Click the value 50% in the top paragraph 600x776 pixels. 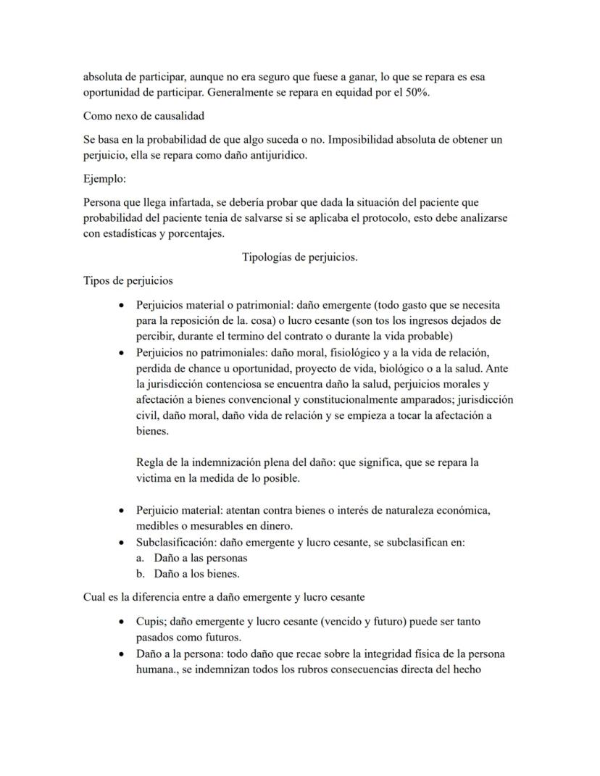coord(416,93)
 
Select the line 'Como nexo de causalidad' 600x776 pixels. coord(143,116)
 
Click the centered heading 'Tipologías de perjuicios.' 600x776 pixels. coord(299,257)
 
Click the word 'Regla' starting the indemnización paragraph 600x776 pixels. coord(150,462)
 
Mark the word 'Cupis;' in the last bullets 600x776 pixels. coord(151,622)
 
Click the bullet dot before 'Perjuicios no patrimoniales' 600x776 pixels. coord(122,353)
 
